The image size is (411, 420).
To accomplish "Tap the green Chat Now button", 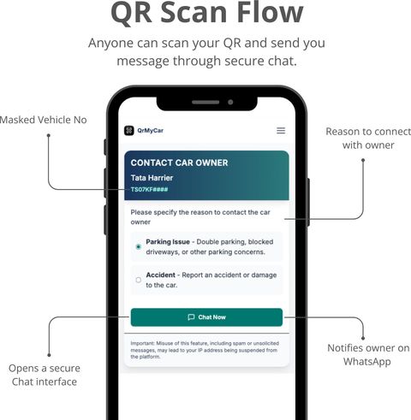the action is coord(206,317).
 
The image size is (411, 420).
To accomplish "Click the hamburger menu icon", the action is coord(281,131).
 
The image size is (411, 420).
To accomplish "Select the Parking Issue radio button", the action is coord(139,246).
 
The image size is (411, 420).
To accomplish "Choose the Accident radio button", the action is coord(139,280).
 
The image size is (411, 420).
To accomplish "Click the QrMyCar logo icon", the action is coord(129,131).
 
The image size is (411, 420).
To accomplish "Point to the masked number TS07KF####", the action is coord(149,190).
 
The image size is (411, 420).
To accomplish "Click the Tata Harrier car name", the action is coord(152,178).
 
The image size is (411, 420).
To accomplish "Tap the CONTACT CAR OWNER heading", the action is coord(179,163).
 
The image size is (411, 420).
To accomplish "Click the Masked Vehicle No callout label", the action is coord(44,120).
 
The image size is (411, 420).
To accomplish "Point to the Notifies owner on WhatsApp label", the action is coord(368,355).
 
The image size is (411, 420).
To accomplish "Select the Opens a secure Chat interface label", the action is coord(45,375).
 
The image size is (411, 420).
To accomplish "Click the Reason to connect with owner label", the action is coord(368,139).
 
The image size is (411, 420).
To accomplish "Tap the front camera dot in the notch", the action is coord(230,102).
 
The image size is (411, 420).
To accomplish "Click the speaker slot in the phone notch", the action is coord(205,102).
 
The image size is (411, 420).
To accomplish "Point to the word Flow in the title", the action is coord(270,12).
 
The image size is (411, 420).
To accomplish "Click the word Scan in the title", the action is coord(195,12).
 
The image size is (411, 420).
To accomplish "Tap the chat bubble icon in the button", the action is coord(191,317).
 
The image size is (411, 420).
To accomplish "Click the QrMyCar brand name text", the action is coord(150,131).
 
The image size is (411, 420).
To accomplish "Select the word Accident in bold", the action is coord(160,275).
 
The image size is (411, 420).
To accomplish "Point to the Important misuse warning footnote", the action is coord(205,350).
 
